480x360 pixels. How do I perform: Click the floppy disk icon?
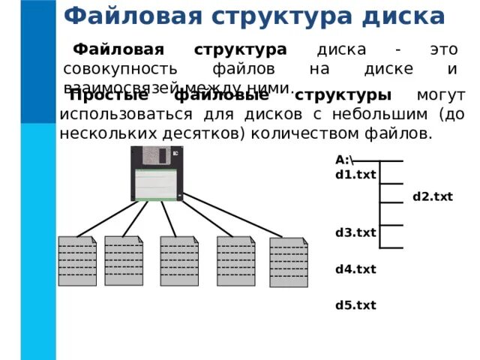point(156,174)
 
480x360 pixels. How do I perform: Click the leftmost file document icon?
point(76,261)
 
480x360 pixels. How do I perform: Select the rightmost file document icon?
point(288,262)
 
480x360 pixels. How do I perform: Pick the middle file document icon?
point(178,261)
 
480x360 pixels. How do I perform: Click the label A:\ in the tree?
point(344,160)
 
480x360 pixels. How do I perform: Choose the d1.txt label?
point(355,175)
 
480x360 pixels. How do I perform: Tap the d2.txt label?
point(433,197)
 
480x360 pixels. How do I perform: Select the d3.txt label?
point(355,232)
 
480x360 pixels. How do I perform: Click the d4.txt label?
point(355,268)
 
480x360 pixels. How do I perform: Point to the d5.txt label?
point(355,305)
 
